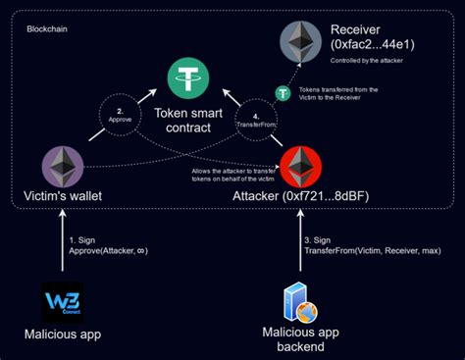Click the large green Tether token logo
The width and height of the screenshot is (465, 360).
pyautogui.click(x=185, y=77)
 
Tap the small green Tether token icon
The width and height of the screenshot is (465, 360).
pyautogui.click(x=282, y=94)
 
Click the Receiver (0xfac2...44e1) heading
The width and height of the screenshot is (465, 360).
pyautogui.click(x=372, y=38)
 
